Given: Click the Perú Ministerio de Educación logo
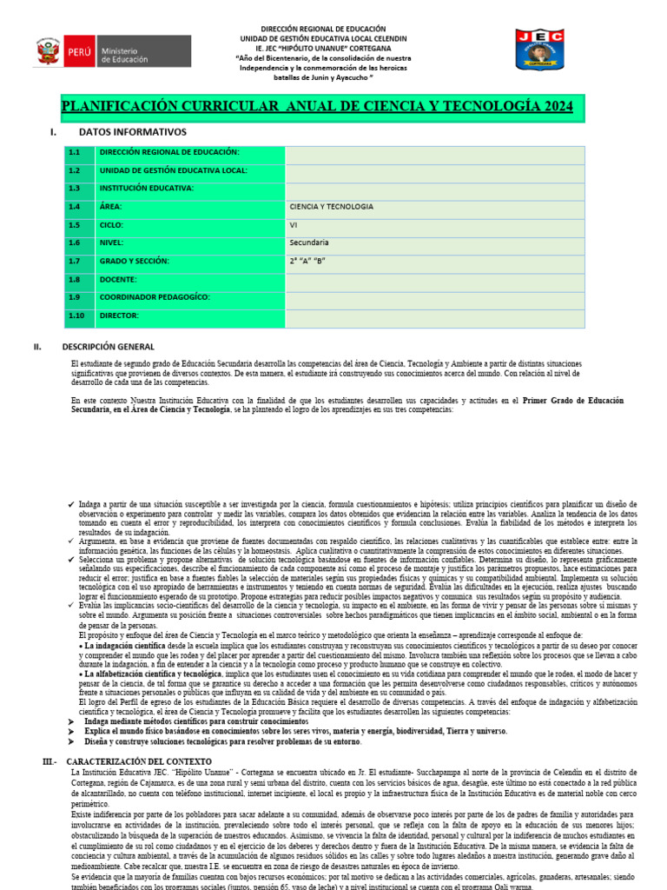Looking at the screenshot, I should click(112, 51).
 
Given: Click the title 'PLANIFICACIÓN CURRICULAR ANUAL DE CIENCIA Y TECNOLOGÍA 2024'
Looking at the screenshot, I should click(317, 106).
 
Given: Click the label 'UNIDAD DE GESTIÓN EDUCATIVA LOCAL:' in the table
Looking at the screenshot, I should click(174, 171).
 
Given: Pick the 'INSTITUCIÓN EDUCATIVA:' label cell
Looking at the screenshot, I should click(147, 189).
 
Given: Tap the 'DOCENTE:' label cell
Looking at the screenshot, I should click(118, 279).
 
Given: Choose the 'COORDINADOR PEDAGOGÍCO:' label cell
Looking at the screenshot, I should click(155, 297).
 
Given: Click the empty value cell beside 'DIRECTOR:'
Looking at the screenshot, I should click(434, 315).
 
